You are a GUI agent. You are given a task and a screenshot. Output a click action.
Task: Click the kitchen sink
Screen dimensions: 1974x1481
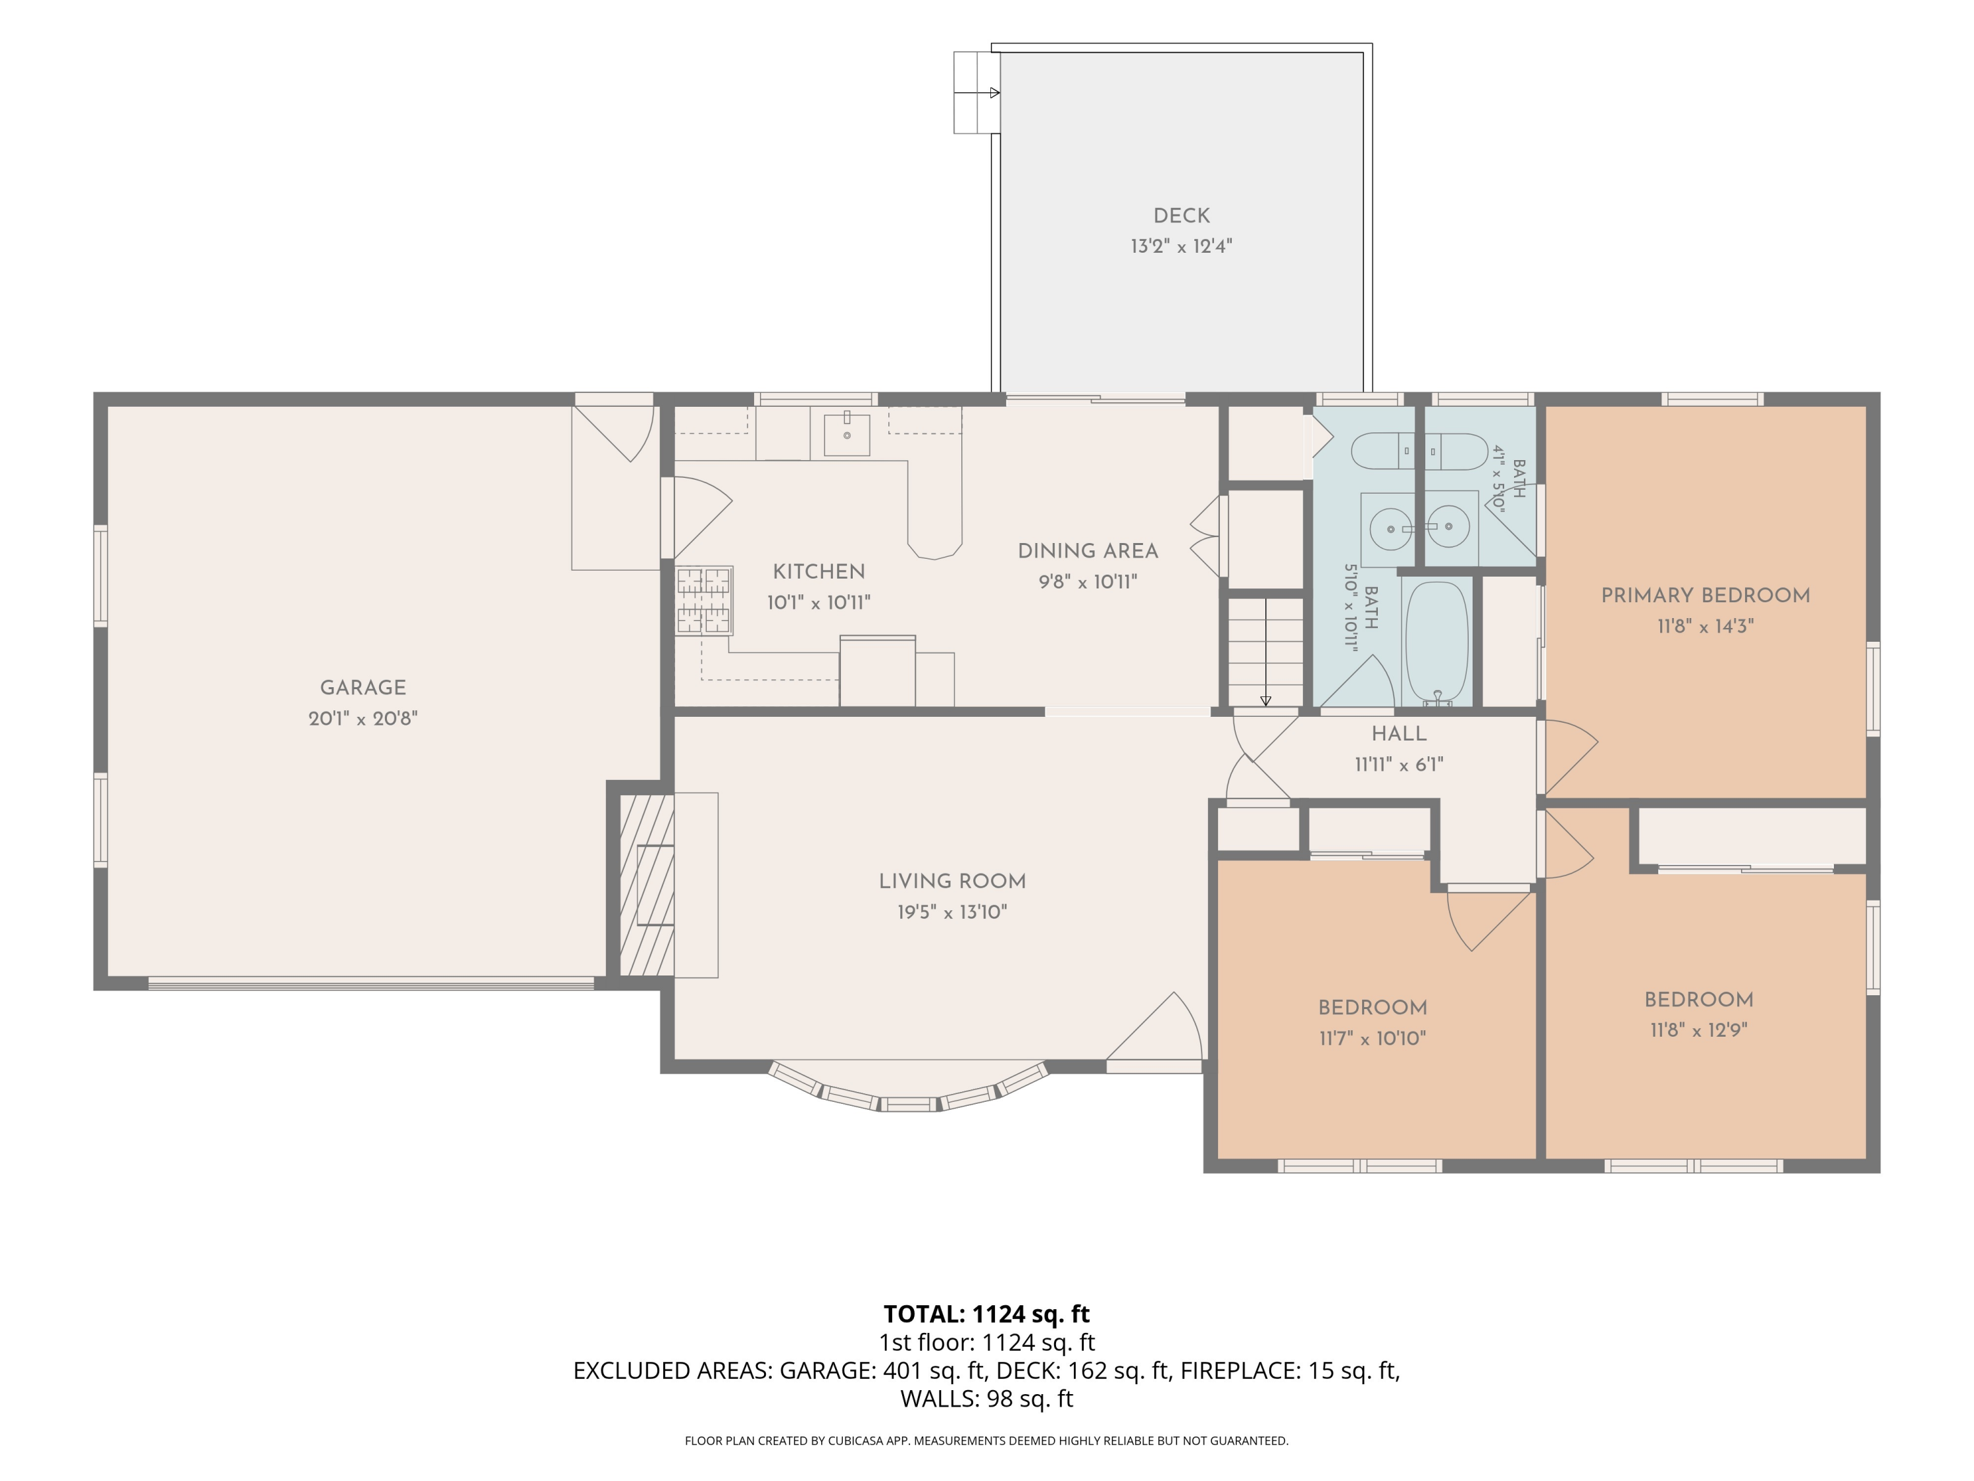coord(846,434)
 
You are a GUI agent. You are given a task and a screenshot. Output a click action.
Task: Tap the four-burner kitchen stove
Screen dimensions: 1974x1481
coord(704,601)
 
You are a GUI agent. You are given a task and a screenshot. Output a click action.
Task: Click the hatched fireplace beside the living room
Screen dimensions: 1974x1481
coord(646,885)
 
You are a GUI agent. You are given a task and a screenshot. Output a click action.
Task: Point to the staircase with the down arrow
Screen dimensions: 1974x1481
coord(1265,652)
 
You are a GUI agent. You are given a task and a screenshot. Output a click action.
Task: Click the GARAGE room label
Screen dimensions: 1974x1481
coord(363,687)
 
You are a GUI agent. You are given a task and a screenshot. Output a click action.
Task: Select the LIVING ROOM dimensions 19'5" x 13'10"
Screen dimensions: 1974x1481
coord(952,912)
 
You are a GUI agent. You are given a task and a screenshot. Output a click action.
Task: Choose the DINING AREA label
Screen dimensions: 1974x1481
coord(1088,551)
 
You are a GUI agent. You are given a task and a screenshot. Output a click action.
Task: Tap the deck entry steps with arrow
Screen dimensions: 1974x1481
coord(977,93)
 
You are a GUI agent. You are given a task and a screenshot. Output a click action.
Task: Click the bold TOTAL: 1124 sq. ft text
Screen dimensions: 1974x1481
coord(986,1314)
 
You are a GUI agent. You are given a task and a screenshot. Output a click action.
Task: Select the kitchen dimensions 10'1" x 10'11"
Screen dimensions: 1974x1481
coord(819,602)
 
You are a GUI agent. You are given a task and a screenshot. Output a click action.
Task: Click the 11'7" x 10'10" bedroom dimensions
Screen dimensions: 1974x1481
coord(1373,1038)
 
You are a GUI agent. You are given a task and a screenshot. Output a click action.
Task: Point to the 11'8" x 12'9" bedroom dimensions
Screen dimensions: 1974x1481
coord(1698,1029)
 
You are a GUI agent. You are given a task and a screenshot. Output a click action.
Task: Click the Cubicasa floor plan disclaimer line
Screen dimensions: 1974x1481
coord(986,1440)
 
